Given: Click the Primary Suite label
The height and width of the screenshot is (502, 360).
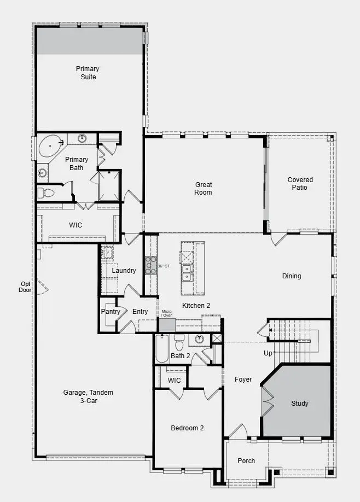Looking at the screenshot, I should tap(88, 73).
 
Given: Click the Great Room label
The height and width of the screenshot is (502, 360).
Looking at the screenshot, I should tap(203, 188).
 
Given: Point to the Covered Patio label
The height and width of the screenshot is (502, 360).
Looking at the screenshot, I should tap(300, 183).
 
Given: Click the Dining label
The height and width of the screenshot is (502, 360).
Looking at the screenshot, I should tap(291, 276).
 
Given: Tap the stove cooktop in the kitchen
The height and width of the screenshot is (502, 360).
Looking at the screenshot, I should tap(150, 265).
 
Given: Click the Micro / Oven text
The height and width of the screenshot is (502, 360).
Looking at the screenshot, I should tap(167, 313).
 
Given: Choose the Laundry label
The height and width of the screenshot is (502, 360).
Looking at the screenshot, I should tap(124, 271).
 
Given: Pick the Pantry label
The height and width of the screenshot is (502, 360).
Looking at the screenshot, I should tap(111, 312).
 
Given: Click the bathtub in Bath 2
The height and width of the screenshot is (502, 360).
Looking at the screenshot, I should tap(162, 348).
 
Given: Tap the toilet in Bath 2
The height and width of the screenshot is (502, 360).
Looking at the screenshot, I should tap(179, 344).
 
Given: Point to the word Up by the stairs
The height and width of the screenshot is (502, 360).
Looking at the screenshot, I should tap(268, 353).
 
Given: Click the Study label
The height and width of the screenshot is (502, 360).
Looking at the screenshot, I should tap(299, 404).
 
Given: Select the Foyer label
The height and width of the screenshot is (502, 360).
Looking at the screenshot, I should tap(243, 379).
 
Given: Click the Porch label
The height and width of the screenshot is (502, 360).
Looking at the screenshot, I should tap(246, 460).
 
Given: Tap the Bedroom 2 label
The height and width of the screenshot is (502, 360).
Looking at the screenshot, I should tap(187, 428).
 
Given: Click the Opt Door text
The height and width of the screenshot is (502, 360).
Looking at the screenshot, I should tap(25, 287).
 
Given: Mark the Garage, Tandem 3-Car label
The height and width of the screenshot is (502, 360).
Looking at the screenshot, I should tap(88, 396).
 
